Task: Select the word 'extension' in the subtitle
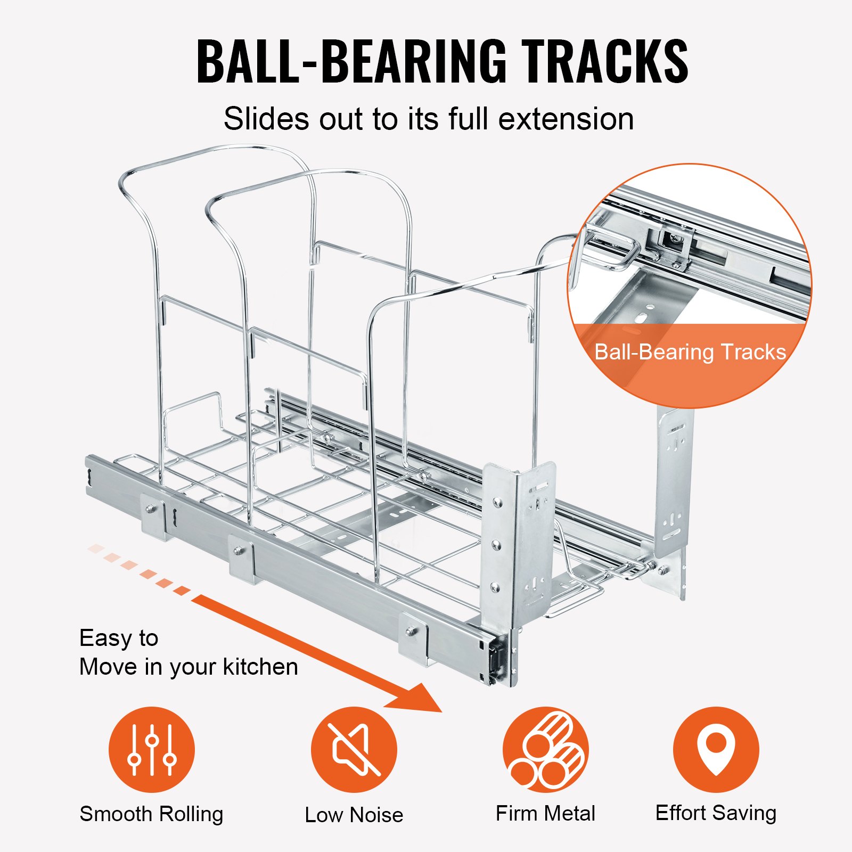[566, 119]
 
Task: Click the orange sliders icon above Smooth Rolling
[152, 749]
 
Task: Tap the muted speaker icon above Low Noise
[354, 749]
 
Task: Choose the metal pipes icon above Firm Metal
[546, 749]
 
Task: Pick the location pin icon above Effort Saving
[716, 749]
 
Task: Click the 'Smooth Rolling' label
[151, 814]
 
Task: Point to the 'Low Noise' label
[354, 815]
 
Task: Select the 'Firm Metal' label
[545, 814]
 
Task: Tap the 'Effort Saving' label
[716, 813]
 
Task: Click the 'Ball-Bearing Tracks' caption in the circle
[690, 352]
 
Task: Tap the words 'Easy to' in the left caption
[119, 638]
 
